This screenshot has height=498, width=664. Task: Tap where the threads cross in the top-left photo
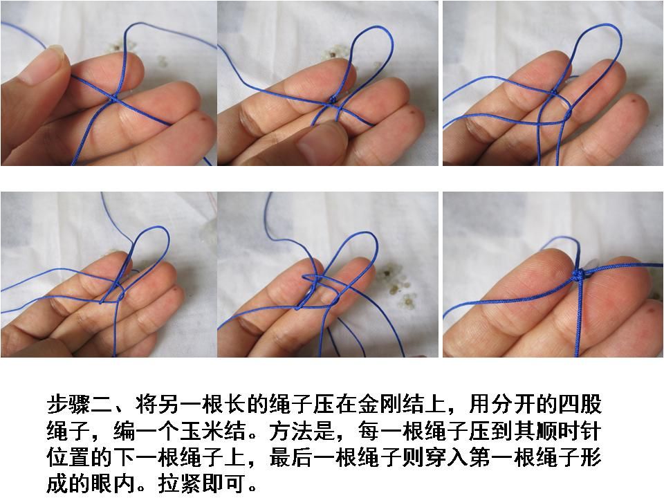pos(114,98)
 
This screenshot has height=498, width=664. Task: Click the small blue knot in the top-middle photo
pos(333,100)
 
